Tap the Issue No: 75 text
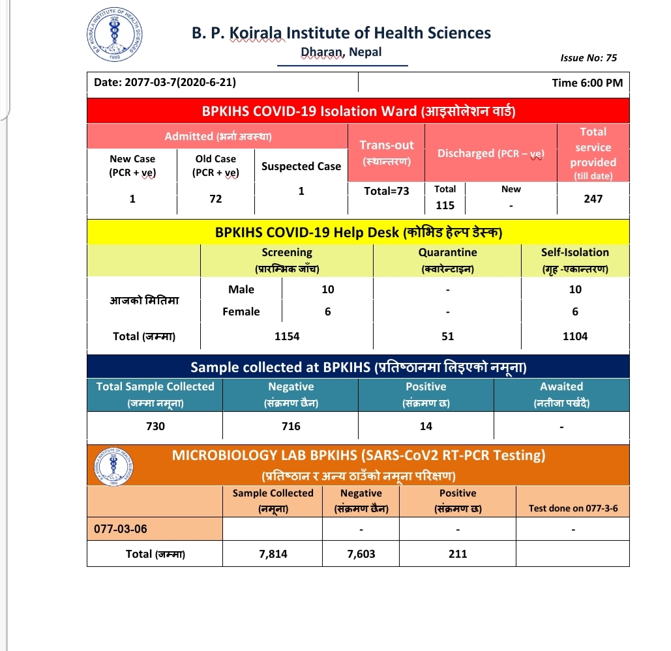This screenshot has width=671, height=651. [588, 58]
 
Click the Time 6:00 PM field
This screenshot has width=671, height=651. [587, 83]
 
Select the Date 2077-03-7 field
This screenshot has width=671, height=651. [165, 83]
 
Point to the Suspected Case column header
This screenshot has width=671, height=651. [301, 166]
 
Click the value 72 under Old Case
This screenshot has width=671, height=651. [216, 199]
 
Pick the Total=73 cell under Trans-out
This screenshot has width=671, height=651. [387, 191]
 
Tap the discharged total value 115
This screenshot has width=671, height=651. [445, 205]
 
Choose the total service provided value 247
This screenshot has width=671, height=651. [593, 199]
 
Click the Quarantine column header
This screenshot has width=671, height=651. [447, 252]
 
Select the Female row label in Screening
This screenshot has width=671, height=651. [241, 311]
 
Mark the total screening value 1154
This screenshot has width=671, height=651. [287, 336]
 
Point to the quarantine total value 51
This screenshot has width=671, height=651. [447, 336]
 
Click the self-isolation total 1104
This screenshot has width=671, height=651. [575, 336]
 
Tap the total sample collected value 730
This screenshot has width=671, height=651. [155, 426]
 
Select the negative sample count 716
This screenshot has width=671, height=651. [291, 426]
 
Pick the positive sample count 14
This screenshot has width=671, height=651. [426, 426]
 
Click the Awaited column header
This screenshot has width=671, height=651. [561, 386]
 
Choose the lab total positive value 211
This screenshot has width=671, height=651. [458, 554]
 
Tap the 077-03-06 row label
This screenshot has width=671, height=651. [121, 528]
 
